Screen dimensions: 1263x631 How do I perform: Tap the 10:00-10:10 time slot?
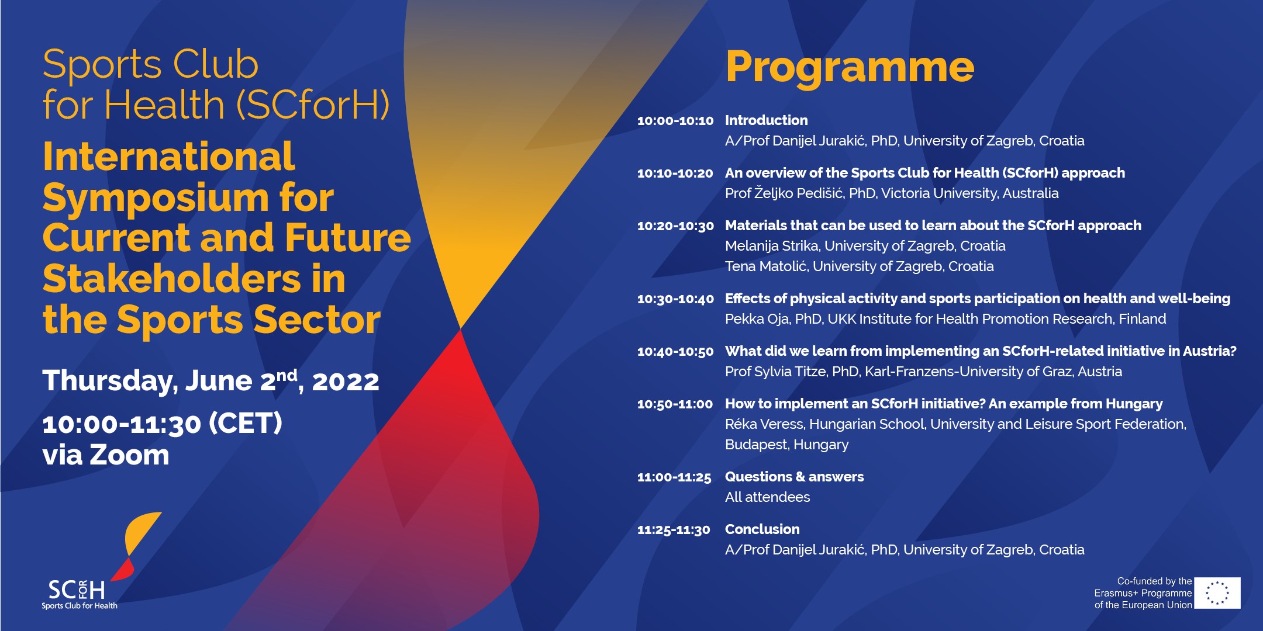(675, 121)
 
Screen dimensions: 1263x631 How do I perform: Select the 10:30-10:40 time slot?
(675, 299)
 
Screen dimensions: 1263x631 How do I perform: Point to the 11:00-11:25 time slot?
(674, 477)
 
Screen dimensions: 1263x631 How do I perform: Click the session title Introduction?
(766, 120)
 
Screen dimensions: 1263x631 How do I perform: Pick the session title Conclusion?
(762, 529)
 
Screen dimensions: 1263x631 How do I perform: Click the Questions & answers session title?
(794, 477)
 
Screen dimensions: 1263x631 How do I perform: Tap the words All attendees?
(767, 497)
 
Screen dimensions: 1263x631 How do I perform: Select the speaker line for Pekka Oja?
(945, 319)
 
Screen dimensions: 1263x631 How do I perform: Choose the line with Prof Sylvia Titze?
(923, 372)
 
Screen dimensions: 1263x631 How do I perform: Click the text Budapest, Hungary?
(786, 445)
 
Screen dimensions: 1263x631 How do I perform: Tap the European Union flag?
(1217, 593)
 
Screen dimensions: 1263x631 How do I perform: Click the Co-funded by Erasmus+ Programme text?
(1143, 593)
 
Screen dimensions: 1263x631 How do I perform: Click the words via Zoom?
(106, 455)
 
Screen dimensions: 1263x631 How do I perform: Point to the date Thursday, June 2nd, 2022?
(211, 381)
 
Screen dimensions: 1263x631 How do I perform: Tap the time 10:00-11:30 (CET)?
(162, 423)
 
